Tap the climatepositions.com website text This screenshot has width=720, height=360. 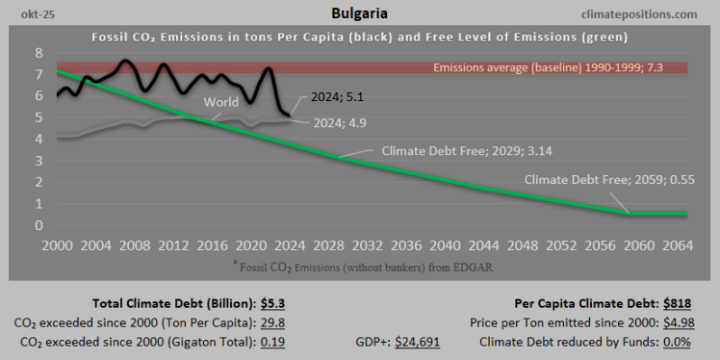click(x=652, y=15)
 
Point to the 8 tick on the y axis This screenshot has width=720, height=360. click(x=39, y=52)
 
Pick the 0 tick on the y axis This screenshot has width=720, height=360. click(x=39, y=226)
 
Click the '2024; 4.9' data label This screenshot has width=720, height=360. click(x=340, y=122)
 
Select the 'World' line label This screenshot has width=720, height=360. click(x=220, y=102)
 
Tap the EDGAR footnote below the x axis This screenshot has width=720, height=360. click(x=359, y=267)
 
